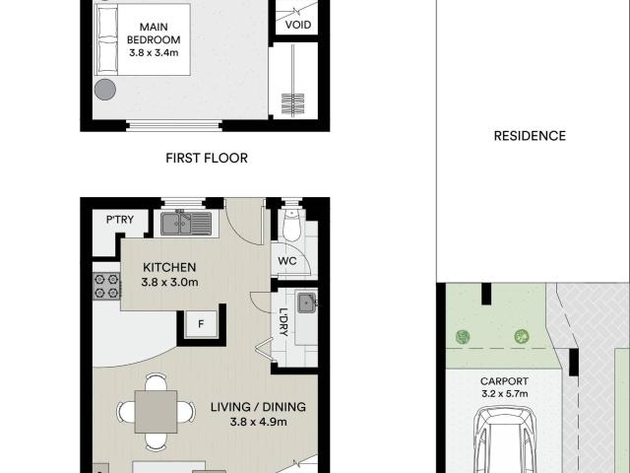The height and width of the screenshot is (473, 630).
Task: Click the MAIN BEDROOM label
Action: (x=154, y=34)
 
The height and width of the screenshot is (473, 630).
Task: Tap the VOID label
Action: (x=298, y=25)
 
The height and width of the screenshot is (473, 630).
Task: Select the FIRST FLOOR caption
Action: (x=207, y=158)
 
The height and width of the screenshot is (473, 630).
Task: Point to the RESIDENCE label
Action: (x=530, y=136)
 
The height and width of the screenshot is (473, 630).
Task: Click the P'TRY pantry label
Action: (x=120, y=220)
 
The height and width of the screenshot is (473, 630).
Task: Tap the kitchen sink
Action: (x=186, y=224)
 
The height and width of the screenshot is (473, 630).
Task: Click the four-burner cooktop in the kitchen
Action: (x=106, y=287)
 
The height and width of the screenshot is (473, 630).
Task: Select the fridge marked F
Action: (x=201, y=324)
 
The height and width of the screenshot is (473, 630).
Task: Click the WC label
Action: (x=287, y=261)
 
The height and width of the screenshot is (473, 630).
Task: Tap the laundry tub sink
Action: (x=307, y=303)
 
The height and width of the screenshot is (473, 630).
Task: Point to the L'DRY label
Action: (x=283, y=322)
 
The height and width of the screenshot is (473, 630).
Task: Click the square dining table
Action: (x=156, y=412)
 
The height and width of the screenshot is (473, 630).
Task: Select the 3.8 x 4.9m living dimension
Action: (x=258, y=422)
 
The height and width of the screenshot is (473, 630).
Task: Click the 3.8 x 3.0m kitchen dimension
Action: (x=169, y=283)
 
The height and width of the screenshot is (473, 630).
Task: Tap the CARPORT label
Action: (x=504, y=381)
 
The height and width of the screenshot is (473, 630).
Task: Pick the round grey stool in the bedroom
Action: (x=105, y=90)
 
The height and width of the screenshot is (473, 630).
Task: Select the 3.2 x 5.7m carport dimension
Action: (x=505, y=394)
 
